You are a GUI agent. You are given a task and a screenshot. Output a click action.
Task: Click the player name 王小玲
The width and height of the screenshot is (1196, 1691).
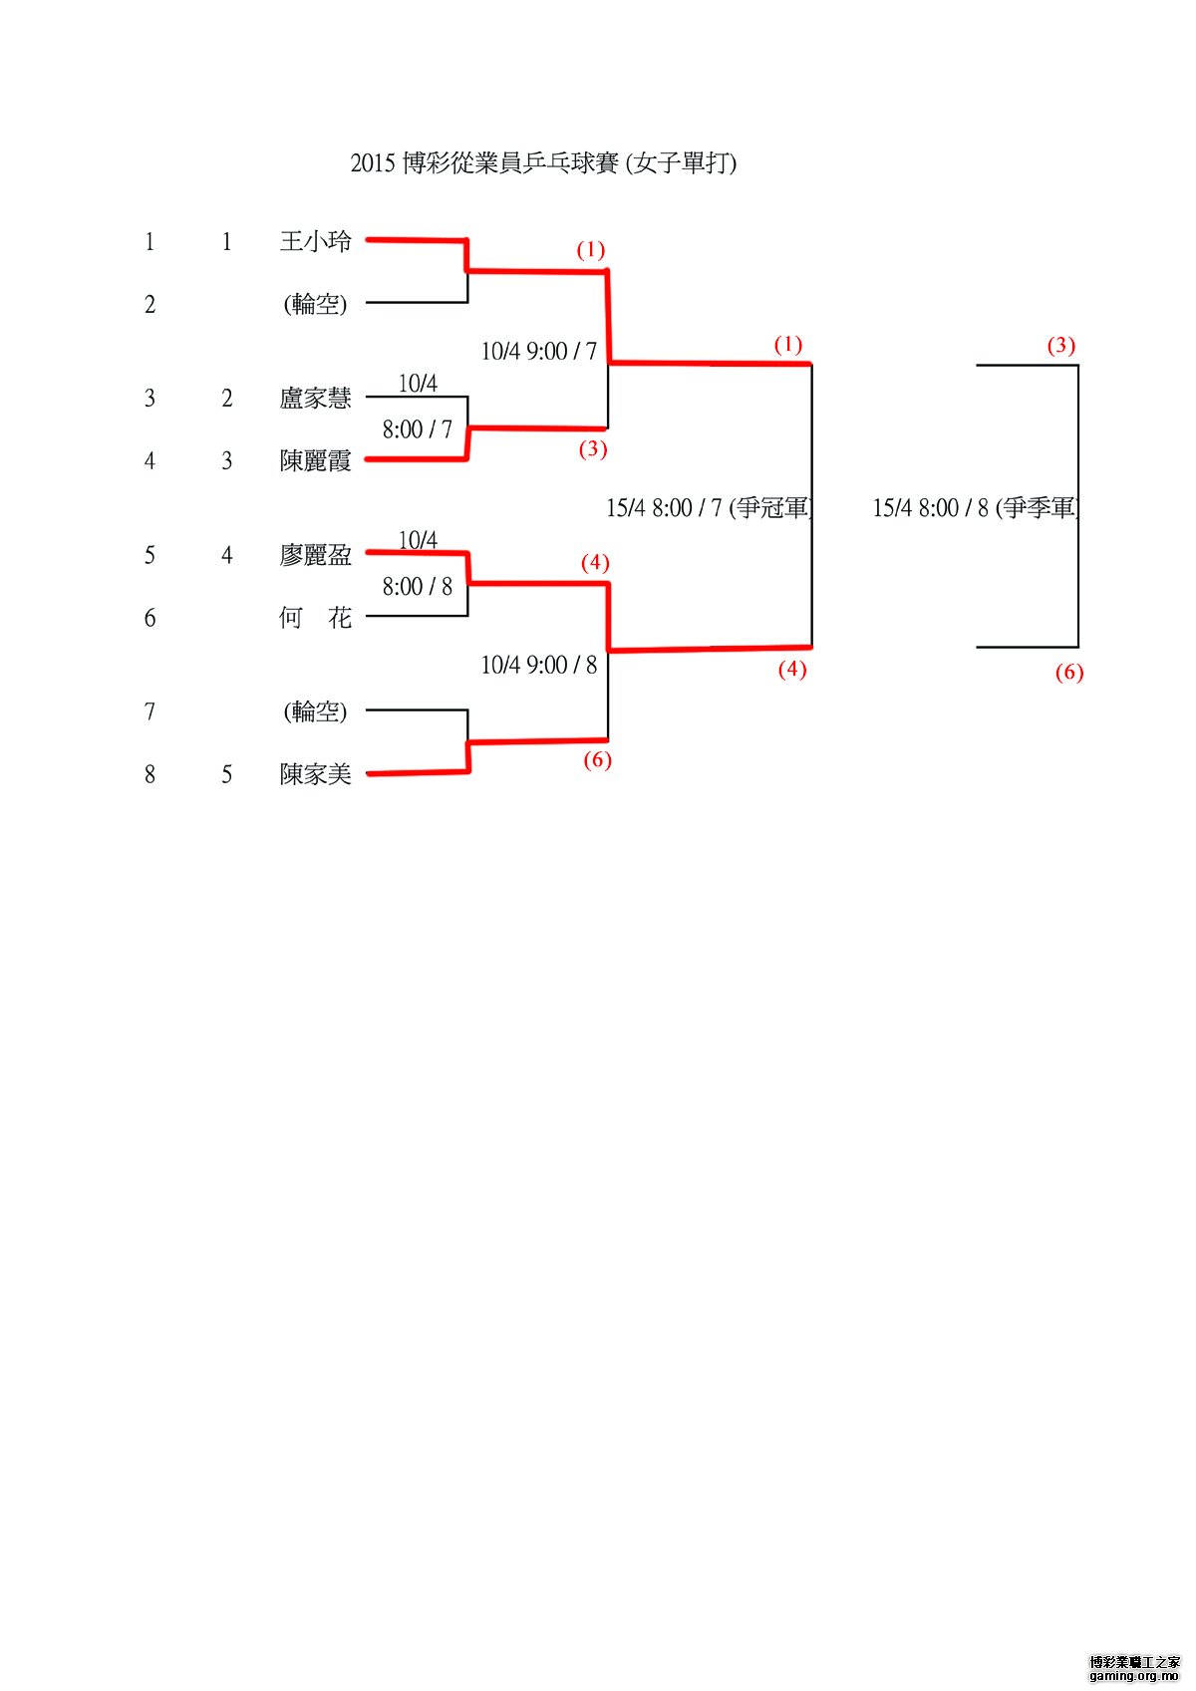pyautogui.click(x=315, y=241)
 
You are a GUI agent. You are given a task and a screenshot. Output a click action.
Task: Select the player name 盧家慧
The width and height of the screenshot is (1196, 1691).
pyautogui.click(x=315, y=399)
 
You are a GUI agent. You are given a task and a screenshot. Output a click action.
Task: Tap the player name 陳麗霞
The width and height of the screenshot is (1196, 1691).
pyautogui.click(x=315, y=460)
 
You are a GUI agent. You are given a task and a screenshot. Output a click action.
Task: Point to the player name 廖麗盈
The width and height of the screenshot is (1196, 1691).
pyautogui.click(x=315, y=555)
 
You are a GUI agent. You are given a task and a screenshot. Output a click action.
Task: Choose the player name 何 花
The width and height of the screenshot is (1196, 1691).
pyautogui.click(x=315, y=618)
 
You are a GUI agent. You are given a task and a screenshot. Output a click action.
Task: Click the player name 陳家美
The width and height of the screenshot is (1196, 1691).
pyautogui.click(x=315, y=774)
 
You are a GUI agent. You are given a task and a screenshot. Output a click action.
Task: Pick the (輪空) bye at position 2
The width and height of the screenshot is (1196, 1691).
pyautogui.click(x=315, y=304)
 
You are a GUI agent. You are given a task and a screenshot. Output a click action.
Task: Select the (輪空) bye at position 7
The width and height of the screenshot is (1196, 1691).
pyautogui.click(x=315, y=711)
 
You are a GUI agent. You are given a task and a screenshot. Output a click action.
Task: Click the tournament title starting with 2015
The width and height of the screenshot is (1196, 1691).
pyautogui.click(x=543, y=162)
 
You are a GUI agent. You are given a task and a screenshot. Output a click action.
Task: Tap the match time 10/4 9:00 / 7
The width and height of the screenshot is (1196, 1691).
pyautogui.click(x=538, y=351)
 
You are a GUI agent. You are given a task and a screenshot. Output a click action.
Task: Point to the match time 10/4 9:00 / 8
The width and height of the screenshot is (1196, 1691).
pyautogui.click(x=538, y=665)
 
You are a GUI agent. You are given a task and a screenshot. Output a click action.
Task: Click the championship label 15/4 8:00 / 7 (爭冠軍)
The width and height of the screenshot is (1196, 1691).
pyautogui.click(x=710, y=508)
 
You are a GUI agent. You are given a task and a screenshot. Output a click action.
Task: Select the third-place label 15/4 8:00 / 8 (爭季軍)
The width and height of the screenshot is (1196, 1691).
pyautogui.click(x=976, y=508)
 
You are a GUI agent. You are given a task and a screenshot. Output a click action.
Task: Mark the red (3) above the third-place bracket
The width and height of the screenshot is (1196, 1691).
pyautogui.click(x=1060, y=346)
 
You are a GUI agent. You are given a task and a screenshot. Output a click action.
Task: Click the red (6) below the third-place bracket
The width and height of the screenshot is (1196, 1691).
pyautogui.click(x=1068, y=673)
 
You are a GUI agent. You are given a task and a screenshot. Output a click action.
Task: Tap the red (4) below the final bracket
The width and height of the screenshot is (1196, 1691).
pyautogui.click(x=791, y=670)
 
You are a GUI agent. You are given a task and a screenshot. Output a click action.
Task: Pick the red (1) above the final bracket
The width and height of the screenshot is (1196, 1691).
pyautogui.click(x=787, y=345)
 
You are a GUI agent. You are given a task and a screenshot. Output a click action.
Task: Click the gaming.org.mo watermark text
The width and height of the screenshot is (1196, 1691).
pyautogui.click(x=1134, y=1675)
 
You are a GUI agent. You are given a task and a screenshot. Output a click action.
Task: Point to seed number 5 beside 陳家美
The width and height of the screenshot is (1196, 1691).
pyautogui.click(x=227, y=774)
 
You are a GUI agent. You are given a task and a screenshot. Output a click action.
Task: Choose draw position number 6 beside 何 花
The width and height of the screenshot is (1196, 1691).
pyautogui.click(x=149, y=618)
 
